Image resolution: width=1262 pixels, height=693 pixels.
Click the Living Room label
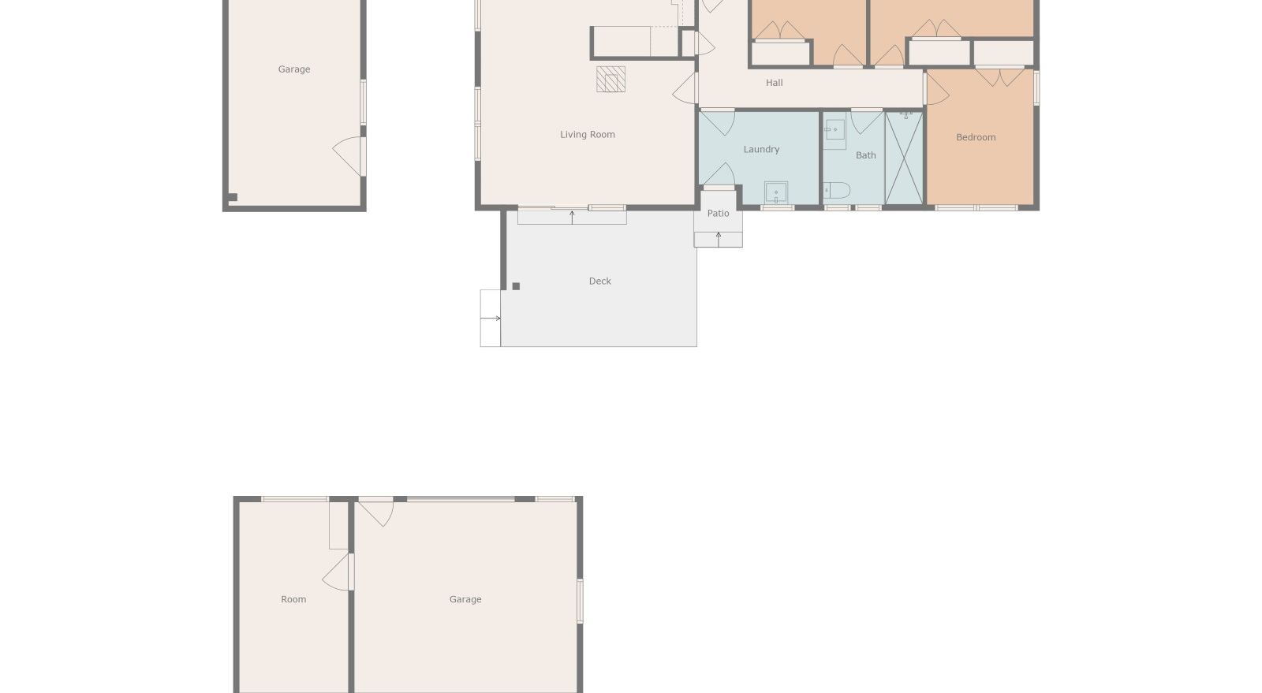587,135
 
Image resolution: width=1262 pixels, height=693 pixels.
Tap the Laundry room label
761,149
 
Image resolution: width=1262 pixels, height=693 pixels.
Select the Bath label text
865,155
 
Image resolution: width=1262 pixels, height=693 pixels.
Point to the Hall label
774,83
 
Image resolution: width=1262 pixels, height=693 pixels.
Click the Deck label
599,281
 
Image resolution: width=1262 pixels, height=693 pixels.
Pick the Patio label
718,214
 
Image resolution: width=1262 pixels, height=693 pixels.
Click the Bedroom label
976,137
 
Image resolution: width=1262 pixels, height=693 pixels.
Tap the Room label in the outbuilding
293,599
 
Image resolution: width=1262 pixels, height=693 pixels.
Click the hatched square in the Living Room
610,80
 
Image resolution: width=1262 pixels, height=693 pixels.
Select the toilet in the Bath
837,190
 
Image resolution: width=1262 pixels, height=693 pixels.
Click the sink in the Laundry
776,192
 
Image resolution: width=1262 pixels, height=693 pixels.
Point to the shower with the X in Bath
904,158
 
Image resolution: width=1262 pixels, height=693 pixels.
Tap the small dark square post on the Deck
516,286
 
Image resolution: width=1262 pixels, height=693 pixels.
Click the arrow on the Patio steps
719,239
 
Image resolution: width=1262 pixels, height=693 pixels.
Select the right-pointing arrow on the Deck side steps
491,318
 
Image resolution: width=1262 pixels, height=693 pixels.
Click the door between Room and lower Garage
337,572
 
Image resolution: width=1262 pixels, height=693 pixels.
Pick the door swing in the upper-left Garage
348,156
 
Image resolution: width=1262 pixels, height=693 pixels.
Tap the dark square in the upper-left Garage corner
233,197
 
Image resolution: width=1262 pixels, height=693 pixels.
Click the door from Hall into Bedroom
936,89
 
